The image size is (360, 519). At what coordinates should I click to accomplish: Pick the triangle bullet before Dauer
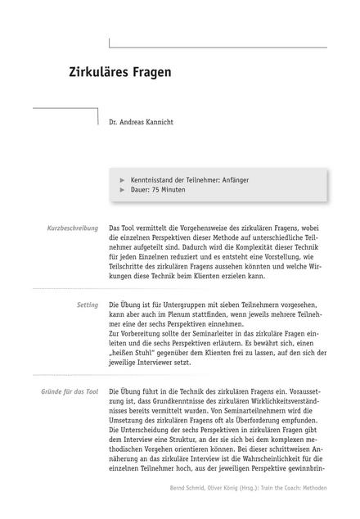pyautogui.click(x=123, y=189)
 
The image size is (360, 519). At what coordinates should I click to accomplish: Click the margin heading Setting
pyautogui.click(x=88, y=305)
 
